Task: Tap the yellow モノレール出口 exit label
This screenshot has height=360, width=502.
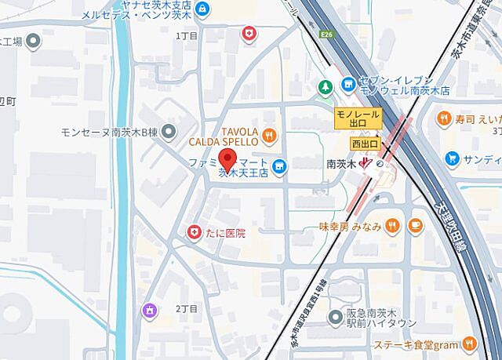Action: [x=358, y=118]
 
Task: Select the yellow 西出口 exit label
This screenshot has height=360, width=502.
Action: [x=365, y=144]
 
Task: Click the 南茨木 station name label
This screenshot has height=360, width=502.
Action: [x=341, y=165]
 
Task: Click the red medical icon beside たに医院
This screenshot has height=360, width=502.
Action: [x=192, y=232]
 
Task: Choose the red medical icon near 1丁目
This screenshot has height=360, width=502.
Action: [x=249, y=33]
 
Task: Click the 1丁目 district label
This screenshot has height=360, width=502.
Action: [x=187, y=36]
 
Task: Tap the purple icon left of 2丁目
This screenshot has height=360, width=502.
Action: [x=147, y=311]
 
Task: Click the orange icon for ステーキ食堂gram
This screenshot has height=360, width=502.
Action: [x=469, y=343]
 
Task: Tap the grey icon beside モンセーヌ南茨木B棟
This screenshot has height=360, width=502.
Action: [x=170, y=132]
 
